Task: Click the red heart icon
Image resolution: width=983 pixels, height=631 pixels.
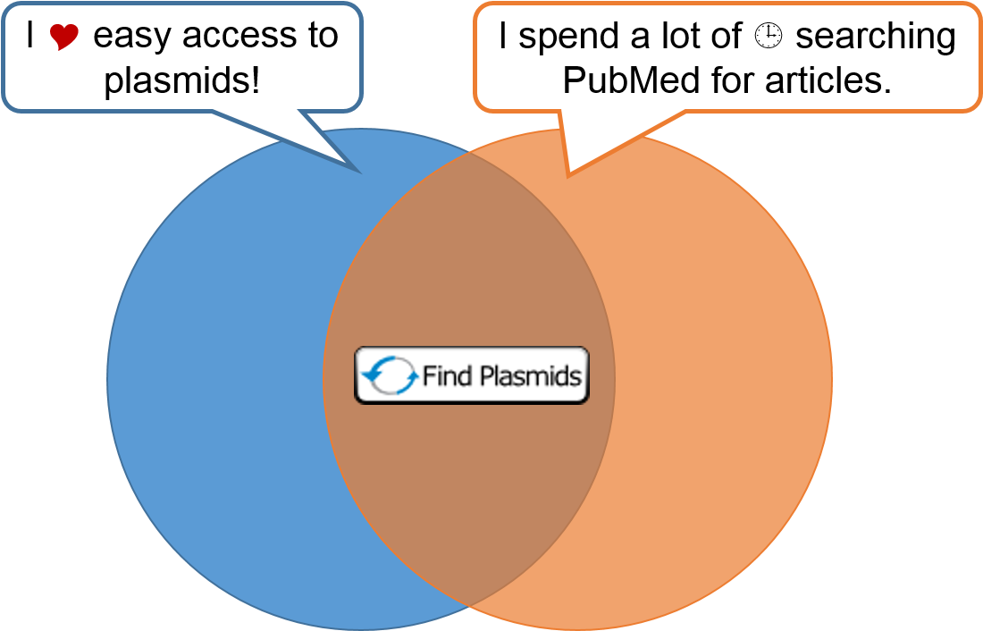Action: click(64, 37)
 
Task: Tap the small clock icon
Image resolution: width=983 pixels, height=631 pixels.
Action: click(768, 36)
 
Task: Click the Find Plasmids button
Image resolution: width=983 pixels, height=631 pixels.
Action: click(472, 375)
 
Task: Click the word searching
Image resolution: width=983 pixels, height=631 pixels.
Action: click(876, 37)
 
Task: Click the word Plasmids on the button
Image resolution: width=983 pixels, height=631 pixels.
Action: click(530, 376)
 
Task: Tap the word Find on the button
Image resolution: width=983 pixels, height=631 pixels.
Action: click(447, 375)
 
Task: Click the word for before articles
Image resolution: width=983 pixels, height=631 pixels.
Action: click(731, 81)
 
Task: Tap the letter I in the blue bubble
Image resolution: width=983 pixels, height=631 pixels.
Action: click(30, 37)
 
